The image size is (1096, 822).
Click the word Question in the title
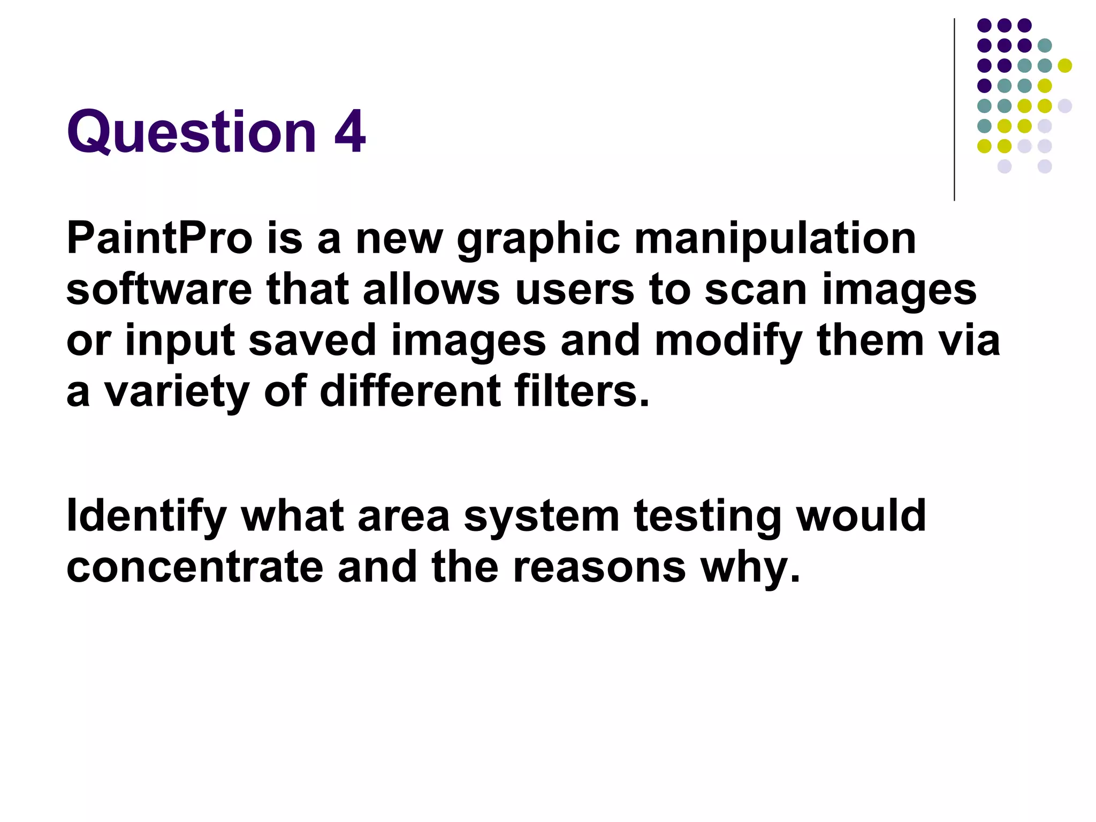[x=192, y=132]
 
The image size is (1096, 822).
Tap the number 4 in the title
[x=350, y=131]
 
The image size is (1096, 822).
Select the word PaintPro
[x=159, y=239]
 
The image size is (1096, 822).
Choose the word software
[x=159, y=290]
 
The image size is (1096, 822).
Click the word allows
[x=431, y=290]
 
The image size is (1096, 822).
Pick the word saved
[x=313, y=340]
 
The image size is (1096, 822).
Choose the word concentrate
[x=195, y=568]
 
